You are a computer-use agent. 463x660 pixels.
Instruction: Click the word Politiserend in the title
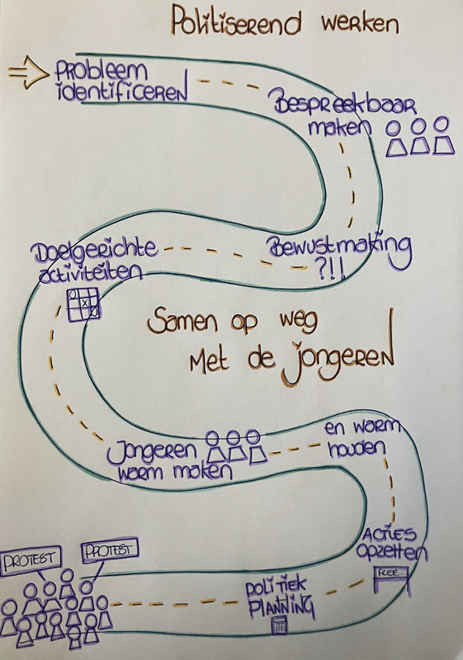(x=236, y=22)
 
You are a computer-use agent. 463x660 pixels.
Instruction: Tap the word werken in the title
(x=360, y=24)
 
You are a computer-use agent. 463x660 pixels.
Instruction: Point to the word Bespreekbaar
(x=344, y=105)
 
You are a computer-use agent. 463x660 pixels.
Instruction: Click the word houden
(x=356, y=449)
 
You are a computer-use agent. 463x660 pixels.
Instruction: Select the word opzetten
(x=390, y=550)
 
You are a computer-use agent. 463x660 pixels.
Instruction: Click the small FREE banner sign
(x=390, y=573)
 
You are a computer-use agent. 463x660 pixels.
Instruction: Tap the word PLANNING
(x=281, y=606)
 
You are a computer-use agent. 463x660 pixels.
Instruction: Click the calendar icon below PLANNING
(x=280, y=625)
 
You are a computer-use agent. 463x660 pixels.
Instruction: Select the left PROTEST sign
(x=30, y=560)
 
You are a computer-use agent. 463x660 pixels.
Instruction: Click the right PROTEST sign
(x=110, y=550)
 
